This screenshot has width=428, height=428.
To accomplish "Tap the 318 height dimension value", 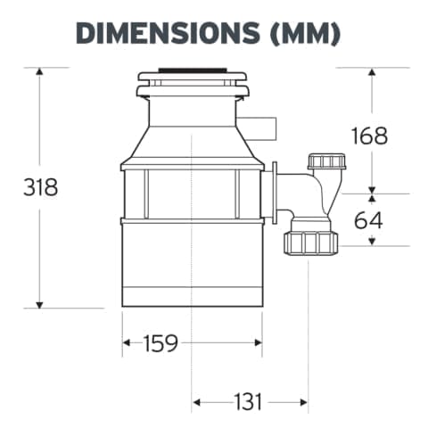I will (x=40, y=188).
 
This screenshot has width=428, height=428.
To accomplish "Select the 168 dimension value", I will (x=369, y=136).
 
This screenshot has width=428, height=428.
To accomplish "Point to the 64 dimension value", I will (x=368, y=219).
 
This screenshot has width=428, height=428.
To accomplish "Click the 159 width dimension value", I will (x=160, y=342).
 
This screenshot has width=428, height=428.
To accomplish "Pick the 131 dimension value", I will (x=249, y=402).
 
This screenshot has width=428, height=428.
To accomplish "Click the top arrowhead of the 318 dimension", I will (x=39, y=71).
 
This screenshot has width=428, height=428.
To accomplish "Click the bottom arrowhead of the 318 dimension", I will (x=39, y=303).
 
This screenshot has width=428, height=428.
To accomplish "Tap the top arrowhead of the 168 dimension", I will (x=373, y=71).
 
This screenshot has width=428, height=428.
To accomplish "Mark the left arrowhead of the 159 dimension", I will (x=127, y=342).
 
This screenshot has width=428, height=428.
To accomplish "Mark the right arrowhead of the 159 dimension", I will (x=258, y=342).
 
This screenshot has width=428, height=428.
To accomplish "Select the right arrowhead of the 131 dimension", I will (x=304, y=402).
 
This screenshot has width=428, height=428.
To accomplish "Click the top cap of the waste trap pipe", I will (x=325, y=162).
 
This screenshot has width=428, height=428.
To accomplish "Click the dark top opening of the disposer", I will (x=193, y=69).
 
